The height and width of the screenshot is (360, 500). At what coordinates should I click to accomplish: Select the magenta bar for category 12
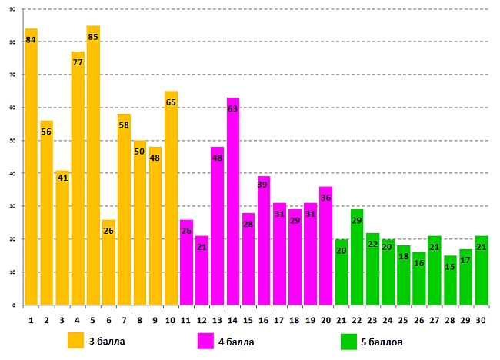[x=202, y=270]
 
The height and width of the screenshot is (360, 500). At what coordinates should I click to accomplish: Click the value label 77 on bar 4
[x=78, y=62]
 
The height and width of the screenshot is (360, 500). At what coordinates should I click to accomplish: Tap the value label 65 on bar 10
[x=171, y=102]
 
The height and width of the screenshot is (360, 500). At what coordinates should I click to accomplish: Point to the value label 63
[x=233, y=108]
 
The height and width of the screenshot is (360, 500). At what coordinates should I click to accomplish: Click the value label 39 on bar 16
[x=264, y=185]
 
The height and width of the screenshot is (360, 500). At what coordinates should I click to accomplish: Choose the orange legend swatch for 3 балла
[x=75, y=340]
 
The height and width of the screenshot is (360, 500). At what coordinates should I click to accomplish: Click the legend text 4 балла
[x=238, y=340]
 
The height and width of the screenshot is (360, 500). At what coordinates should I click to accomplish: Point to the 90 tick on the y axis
[x=13, y=9]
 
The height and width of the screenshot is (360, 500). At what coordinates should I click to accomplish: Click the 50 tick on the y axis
[x=13, y=141]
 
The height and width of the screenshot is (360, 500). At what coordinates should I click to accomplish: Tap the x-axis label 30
[x=481, y=319]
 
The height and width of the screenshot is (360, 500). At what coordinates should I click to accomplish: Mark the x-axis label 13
[x=217, y=319]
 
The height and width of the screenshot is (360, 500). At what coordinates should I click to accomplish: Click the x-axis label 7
[x=124, y=319]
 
